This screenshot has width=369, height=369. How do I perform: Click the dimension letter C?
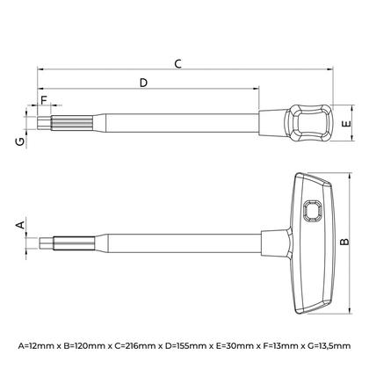pyautogui.click(x=178, y=63)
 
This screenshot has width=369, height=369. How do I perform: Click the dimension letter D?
pyautogui.click(x=143, y=82)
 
